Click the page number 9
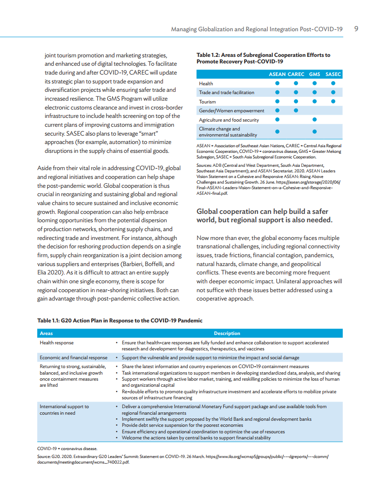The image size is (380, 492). tap(356, 29)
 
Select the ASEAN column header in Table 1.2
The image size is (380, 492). tap(277, 74)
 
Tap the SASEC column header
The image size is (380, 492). tap(333, 74)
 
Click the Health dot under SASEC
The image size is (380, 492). tap(333, 83)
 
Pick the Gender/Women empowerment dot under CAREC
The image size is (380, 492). tap(296, 110)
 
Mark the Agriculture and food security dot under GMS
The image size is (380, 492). tap(314, 120)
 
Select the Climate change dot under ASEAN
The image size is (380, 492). tap(277, 131)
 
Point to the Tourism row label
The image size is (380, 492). tap(207, 102)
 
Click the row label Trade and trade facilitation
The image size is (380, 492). tap(226, 92)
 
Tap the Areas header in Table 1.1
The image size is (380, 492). tap(46, 333)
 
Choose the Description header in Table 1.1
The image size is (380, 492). tap(227, 333)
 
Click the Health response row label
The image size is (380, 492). tap(56, 342)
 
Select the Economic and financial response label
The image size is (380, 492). tap(74, 358)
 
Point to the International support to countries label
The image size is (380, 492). tap(64, 410)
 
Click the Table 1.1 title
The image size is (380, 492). tap(120, 321)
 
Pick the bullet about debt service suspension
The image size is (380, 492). tap(182, 425)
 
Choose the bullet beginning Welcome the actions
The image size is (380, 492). tap(196, 438)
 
